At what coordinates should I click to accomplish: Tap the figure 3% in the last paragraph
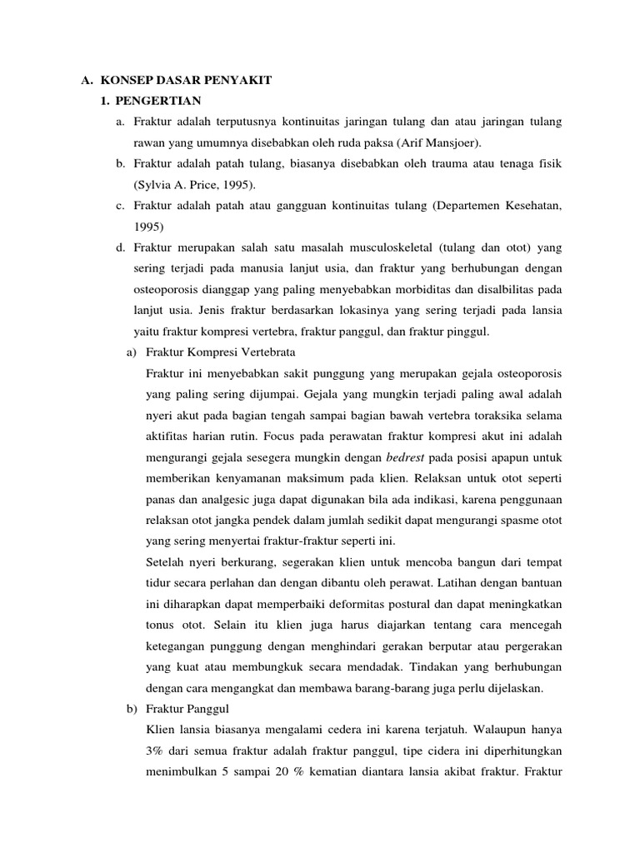[155, 751]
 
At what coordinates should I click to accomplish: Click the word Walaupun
[497, 730]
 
